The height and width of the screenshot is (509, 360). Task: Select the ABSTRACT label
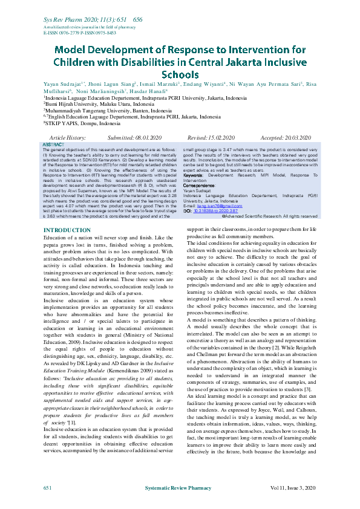[53, 145]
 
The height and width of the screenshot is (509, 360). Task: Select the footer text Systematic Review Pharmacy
[180, 487]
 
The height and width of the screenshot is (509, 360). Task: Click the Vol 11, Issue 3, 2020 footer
[293, 487]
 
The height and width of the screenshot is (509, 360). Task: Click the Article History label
[68, 138]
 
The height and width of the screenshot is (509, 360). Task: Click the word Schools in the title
[180, 75]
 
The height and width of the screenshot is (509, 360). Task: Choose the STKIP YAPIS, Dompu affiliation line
[82, 123]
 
